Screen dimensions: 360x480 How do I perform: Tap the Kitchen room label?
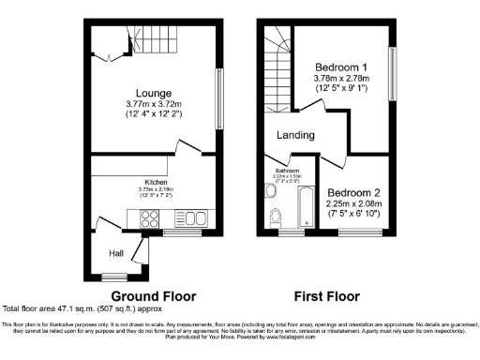tap(156, 182)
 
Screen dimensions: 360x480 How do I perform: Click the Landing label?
tap(295, 135)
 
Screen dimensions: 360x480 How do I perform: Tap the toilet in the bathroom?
tap(275, 217)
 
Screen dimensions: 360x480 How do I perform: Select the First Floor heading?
tap(327, 296)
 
